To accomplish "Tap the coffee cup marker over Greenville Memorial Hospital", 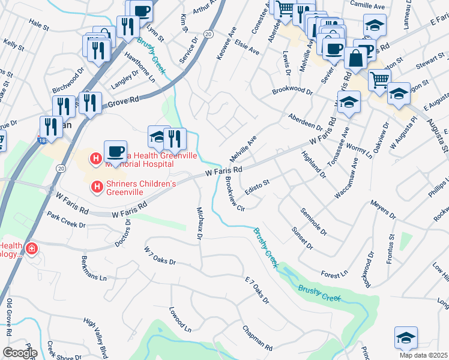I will click(115, 151).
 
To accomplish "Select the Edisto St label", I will click(259, 186).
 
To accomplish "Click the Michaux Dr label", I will click(199, 223).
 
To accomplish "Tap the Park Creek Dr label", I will click(67, 220).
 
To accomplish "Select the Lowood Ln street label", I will click(179, 320).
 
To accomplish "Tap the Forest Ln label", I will click(334, 274).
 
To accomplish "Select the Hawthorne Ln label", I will click(144, 67).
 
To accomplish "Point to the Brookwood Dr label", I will click(292, 91).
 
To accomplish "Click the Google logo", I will click(19, 353).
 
